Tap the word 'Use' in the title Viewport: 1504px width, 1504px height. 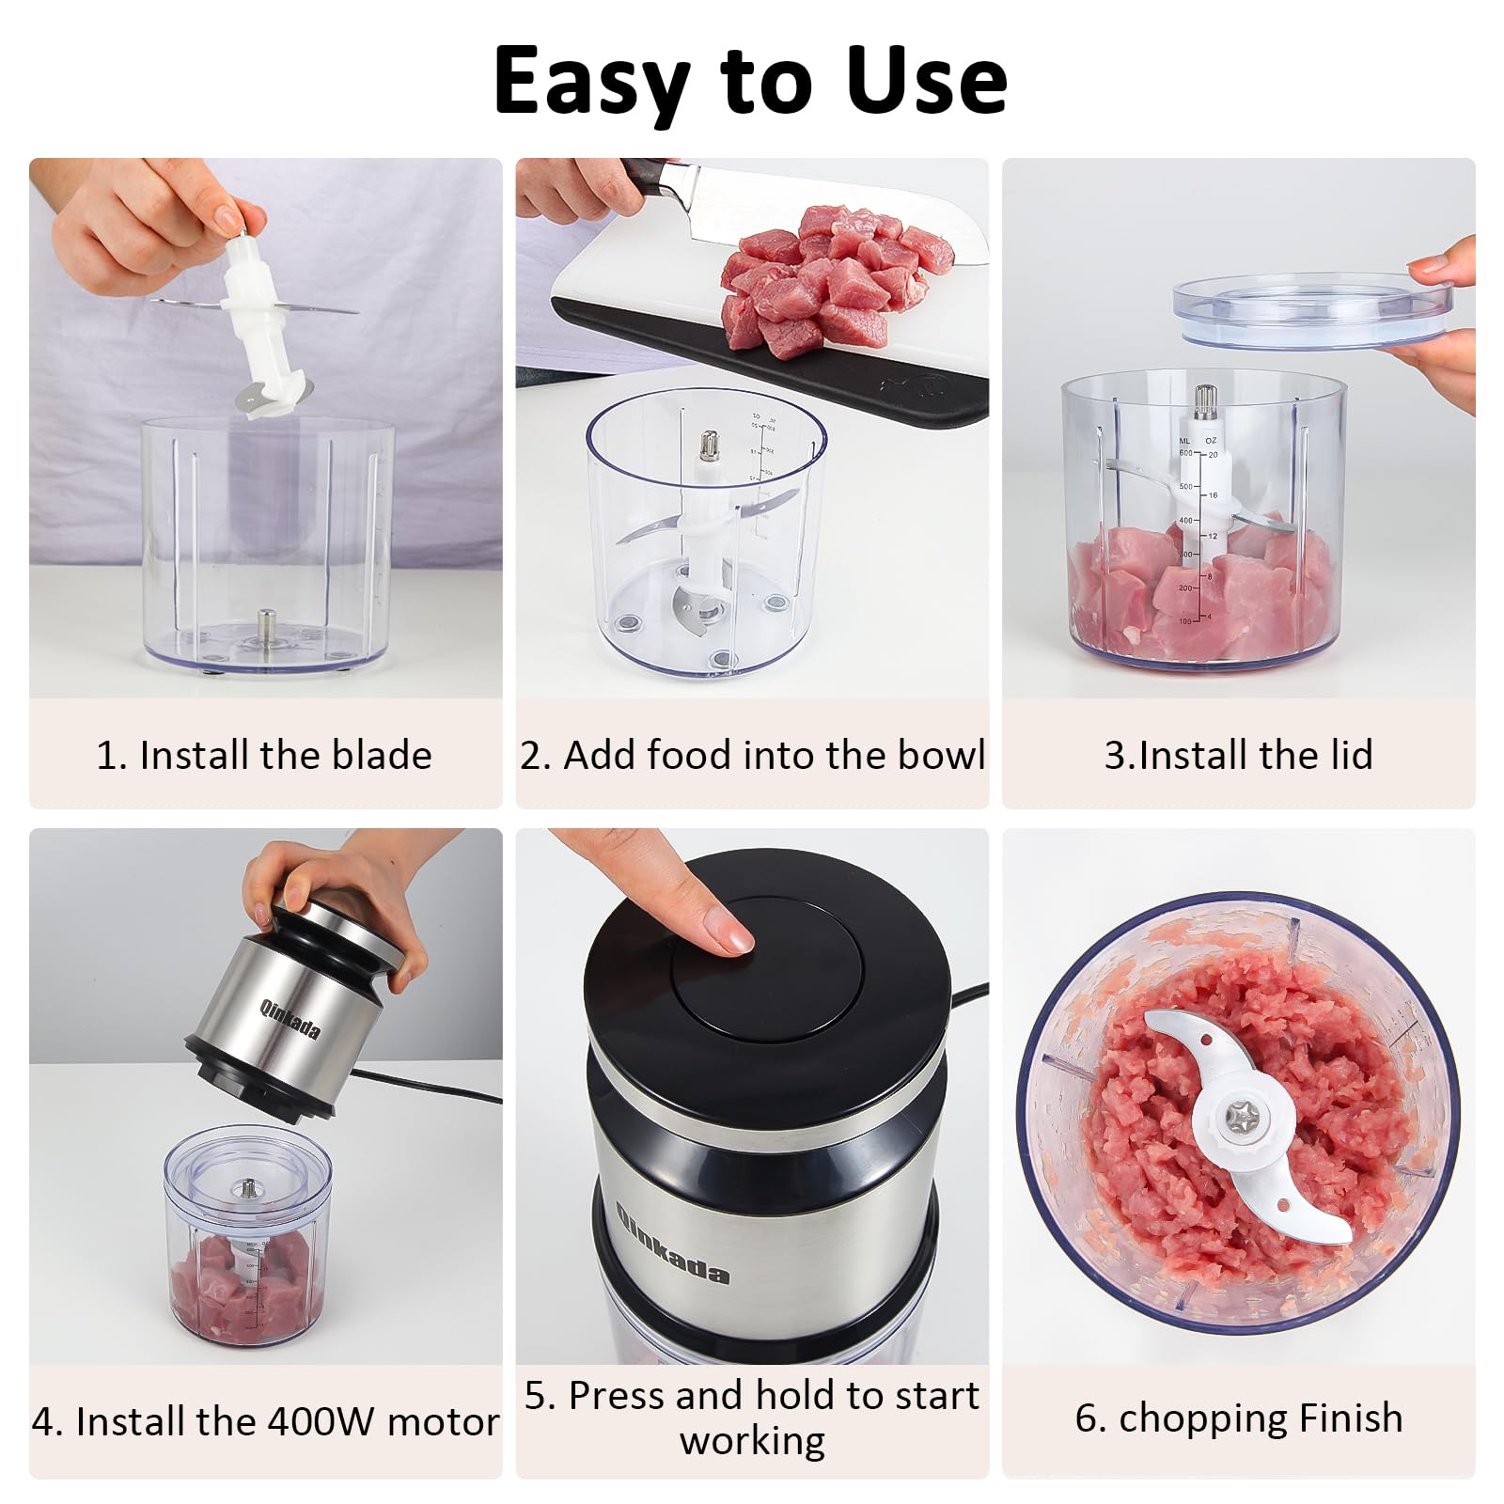[926, 80]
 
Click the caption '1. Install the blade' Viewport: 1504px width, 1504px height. [264, 755]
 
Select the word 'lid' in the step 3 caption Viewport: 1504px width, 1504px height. [1346, 755]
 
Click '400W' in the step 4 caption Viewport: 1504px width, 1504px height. [321, 1421]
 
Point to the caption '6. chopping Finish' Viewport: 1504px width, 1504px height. [1238, 1418]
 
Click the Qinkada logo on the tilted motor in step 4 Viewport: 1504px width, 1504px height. [290, 1019]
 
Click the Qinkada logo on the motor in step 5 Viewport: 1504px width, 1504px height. [672, 1243]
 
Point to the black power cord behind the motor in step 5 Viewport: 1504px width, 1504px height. [968, 994]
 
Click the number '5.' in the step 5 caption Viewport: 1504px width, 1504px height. [540, 1396]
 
